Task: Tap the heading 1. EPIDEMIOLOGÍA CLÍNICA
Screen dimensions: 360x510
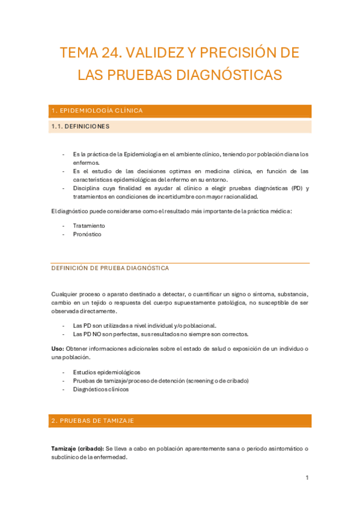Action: (97, 111)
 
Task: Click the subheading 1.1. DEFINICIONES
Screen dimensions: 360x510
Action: (81, 126)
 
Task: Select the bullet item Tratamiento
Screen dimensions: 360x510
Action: (89, 226)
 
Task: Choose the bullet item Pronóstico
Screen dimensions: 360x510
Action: (87, 234)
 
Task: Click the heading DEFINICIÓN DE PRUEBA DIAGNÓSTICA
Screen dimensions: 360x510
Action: (110, 268)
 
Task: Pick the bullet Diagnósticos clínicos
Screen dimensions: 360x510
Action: (100, 389)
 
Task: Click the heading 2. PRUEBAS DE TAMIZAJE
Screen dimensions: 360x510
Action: (93, 420)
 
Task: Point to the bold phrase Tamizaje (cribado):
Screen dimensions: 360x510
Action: (78, 449)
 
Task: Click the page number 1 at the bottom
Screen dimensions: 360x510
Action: (307, 478)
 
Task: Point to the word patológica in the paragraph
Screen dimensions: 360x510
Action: (230, 303)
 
